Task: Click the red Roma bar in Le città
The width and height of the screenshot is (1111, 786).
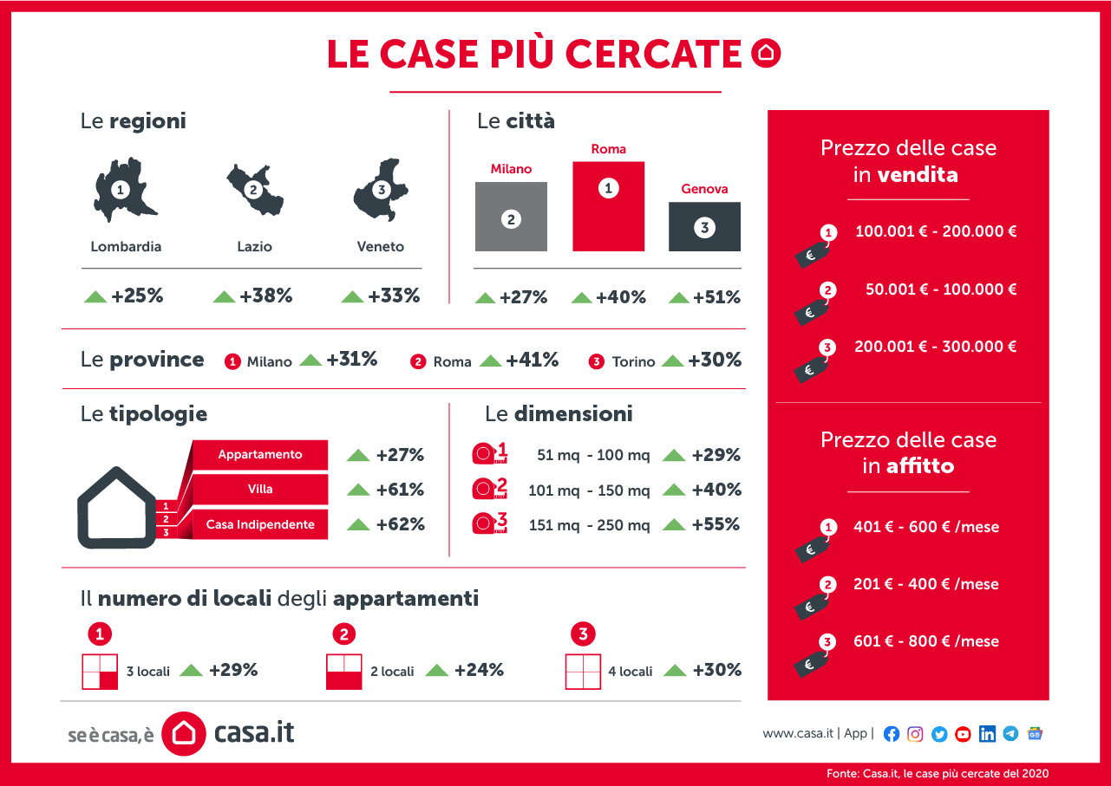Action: [608, 206]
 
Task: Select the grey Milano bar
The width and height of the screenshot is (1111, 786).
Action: [511, 217]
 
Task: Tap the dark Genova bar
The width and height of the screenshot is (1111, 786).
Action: [704, 227]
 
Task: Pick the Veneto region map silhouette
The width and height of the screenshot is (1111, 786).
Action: [378, 191]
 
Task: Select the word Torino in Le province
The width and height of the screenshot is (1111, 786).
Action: [633, 361]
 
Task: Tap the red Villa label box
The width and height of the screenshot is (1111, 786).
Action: [260, 489]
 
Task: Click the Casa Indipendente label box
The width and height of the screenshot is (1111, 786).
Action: [260, 524]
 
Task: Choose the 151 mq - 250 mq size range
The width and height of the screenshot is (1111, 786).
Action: [588, 525]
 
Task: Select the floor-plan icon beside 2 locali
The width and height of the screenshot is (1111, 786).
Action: [343, 672]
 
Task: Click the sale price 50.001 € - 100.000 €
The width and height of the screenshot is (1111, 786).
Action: [941, 289]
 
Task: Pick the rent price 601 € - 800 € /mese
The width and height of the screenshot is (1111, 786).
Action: [926, 641]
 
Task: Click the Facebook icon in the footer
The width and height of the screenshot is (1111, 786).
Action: [892, 734]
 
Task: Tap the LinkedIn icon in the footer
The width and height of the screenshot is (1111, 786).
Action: [987, 734]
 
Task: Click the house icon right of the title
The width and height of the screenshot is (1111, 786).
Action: [765, 54]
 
